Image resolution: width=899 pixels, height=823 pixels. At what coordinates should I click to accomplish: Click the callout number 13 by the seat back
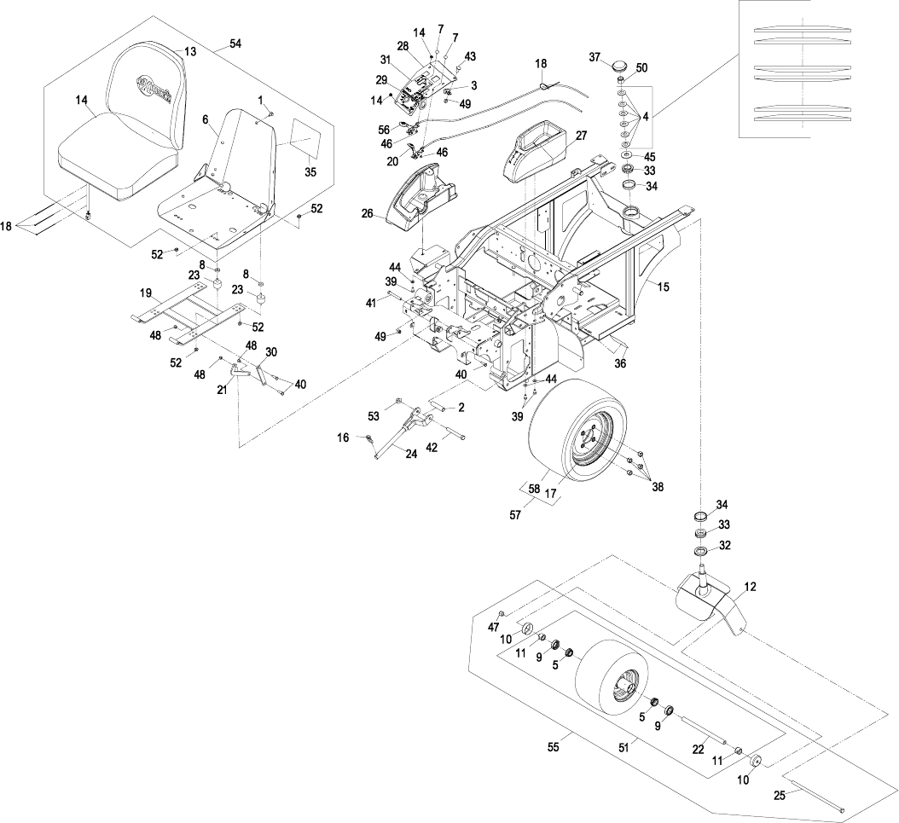tap(190, 51)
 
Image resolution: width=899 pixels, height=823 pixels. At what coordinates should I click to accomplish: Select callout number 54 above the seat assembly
tap(235, 43)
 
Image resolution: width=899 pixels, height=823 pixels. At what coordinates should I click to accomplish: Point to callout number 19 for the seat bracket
tap(146, 293)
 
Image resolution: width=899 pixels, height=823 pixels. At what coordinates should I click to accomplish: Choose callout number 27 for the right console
tap(582, 136)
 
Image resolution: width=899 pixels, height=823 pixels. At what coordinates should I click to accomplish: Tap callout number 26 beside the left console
tap(367, 214)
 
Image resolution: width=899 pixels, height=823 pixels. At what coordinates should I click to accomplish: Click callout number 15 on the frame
tap(663, 287)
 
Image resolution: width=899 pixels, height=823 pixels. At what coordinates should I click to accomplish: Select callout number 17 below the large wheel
tap(551, 493)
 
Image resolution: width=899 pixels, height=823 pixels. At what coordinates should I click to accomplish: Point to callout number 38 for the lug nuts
tap(658, 487)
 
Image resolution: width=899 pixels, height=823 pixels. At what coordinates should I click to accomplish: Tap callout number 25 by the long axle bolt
tap(780, 796)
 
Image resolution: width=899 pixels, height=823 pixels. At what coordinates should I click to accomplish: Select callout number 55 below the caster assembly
tap(553, 747)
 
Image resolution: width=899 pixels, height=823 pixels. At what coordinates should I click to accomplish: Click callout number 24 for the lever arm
tap(411, 455)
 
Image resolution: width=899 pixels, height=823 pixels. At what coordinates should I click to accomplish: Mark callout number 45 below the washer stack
tap(650, 156)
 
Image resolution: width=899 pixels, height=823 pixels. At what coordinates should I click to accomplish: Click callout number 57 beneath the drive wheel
tap(515, 515)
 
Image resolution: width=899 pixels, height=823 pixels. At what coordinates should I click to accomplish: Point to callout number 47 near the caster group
tap(494, 628)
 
